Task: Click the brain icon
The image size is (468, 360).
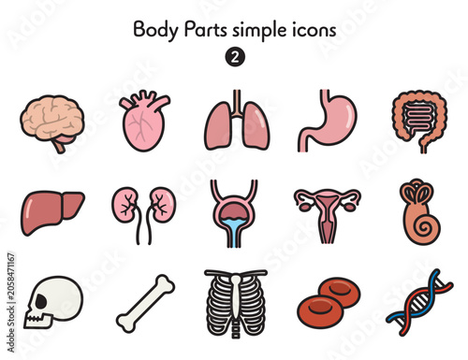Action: (52, 120)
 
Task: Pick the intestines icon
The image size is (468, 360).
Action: (419, 120)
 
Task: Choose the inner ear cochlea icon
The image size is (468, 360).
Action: (419, 212)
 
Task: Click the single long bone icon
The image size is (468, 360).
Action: (145, 304)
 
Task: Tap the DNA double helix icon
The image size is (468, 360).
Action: (419, 302)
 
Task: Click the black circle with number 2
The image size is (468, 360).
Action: (235, 57)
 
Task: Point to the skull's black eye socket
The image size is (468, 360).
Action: (41, 301)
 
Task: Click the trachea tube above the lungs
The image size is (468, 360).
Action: (237, 101)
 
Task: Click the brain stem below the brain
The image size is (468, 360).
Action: (59, 146)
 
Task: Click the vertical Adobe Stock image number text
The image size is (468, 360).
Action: (11, 302)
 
